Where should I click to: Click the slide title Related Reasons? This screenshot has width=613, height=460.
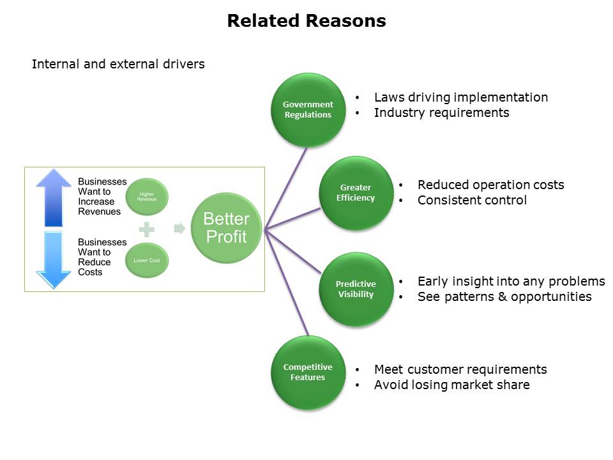[x=306, y=21]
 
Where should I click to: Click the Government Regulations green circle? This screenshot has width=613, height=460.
[x=308, y=109]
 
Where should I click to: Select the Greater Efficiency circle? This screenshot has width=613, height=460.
[x=356, y=192]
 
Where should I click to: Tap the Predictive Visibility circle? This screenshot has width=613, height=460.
[x=356, y=289]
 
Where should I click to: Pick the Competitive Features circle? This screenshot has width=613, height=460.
[x=308, y=372]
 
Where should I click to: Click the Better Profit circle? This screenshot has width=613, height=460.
[x=226, y=228]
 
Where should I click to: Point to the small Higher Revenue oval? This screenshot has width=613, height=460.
[x=146, y=195]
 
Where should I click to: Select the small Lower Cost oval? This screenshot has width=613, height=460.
[x=146, y=260]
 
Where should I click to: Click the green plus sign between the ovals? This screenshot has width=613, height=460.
[x=147, y=229]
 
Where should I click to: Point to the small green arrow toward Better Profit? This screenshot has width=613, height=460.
[x=180, y=228]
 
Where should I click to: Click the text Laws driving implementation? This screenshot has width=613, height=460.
[x=460, y=97]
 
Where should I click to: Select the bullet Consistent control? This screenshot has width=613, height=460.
[x=472, y=200]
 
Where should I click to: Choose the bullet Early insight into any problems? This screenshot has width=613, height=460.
[x=511, y=281]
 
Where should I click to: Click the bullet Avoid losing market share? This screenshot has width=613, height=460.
[x=451, y=385]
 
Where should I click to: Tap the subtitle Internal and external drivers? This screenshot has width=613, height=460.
[x=118, y=64]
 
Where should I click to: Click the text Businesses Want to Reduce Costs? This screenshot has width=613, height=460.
[x=102, y=257]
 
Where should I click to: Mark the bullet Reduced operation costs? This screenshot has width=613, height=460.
[x=490, y=185]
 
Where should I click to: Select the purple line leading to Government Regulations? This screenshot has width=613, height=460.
[x=287, y=185]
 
